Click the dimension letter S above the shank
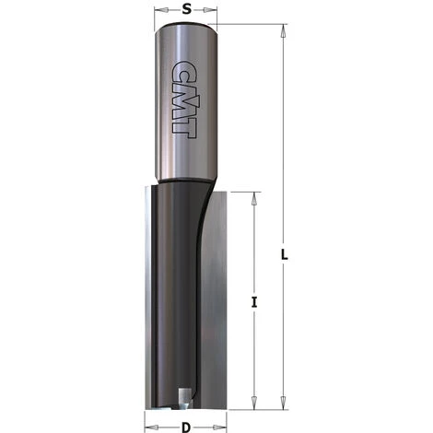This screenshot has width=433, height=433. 186,9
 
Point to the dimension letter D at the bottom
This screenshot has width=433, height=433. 187,426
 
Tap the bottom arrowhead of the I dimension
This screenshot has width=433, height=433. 252,404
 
